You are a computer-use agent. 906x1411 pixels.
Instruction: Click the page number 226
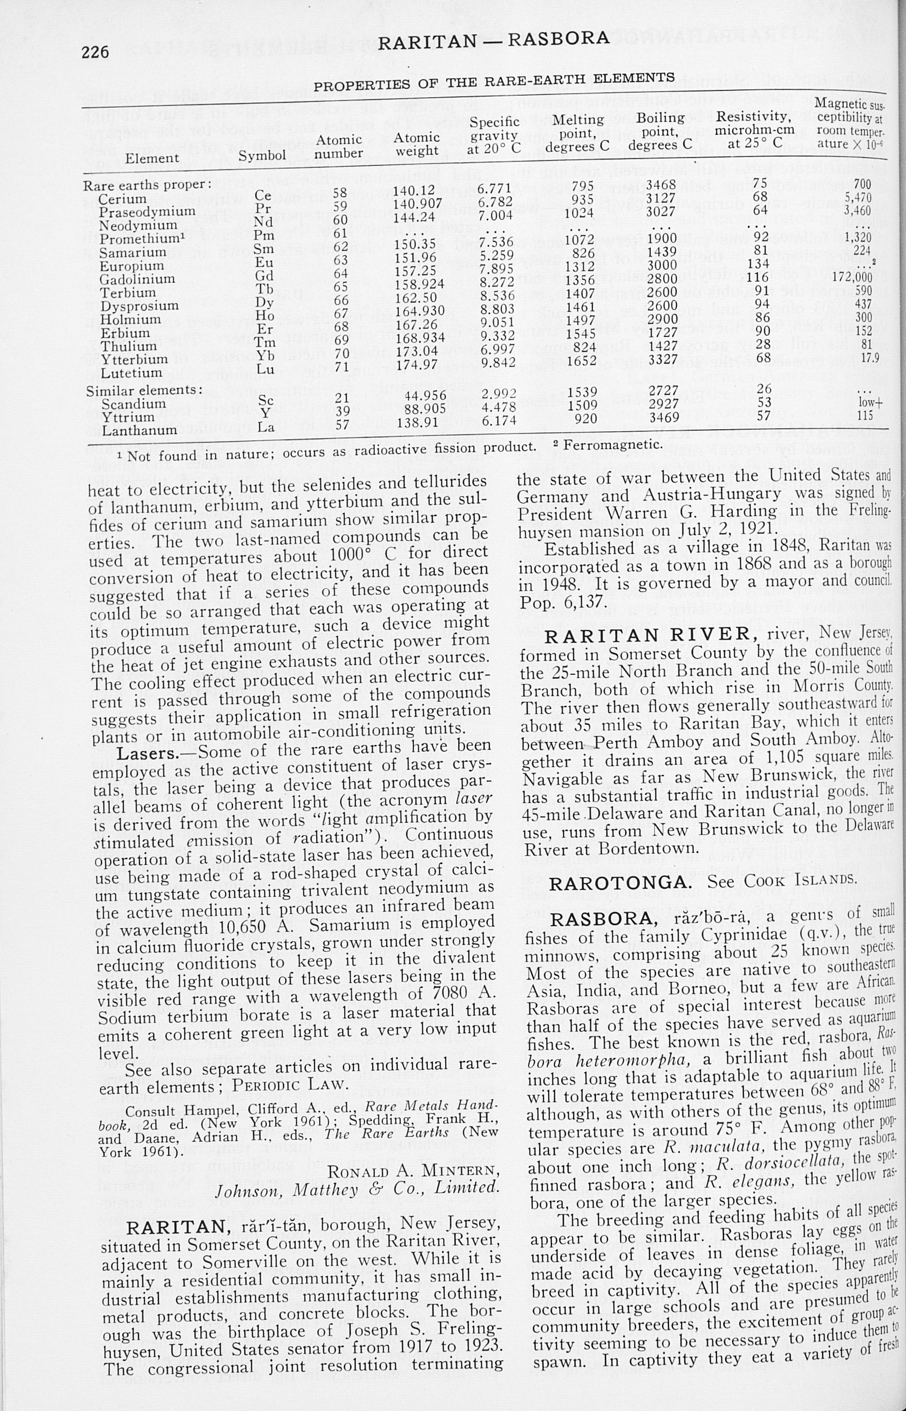[95, 52]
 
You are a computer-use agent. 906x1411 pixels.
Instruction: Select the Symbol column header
[262, 156]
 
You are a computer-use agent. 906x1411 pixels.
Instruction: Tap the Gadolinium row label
[138, 279]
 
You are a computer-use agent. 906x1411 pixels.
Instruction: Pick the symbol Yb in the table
[265, 356]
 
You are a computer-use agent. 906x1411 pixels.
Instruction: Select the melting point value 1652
[582, 360]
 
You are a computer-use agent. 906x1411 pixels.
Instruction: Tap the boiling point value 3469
[664, 418]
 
